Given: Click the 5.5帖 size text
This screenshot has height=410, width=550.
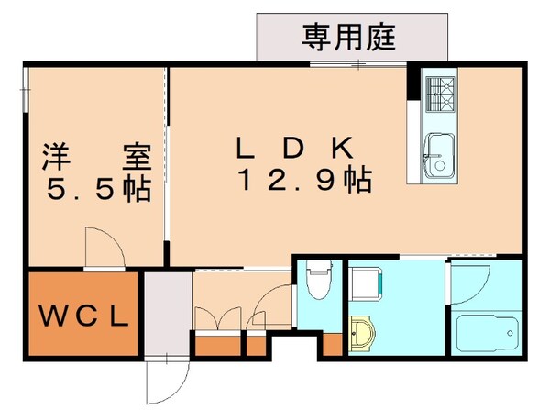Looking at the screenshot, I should pos(96,190).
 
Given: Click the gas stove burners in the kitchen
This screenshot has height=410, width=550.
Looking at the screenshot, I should pos(441,90).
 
